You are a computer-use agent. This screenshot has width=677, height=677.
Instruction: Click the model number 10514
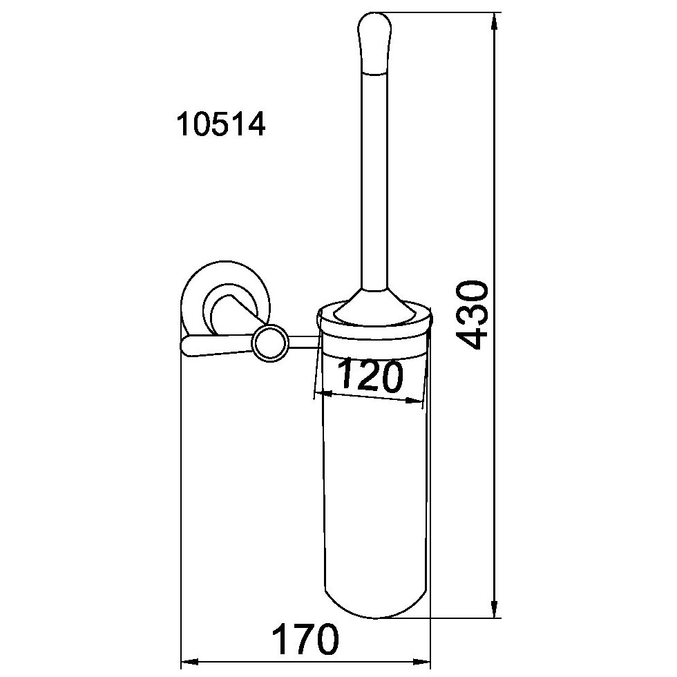point(220,124)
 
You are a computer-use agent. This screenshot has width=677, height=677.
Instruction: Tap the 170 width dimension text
point(305,639)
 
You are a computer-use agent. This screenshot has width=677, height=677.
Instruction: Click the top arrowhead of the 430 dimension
point(495,21)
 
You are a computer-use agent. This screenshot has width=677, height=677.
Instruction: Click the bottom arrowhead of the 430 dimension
point(495,609)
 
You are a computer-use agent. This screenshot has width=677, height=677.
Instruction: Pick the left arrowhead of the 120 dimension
point(324,394)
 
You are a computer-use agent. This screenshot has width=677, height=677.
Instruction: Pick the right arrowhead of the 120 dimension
point(413,401)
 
